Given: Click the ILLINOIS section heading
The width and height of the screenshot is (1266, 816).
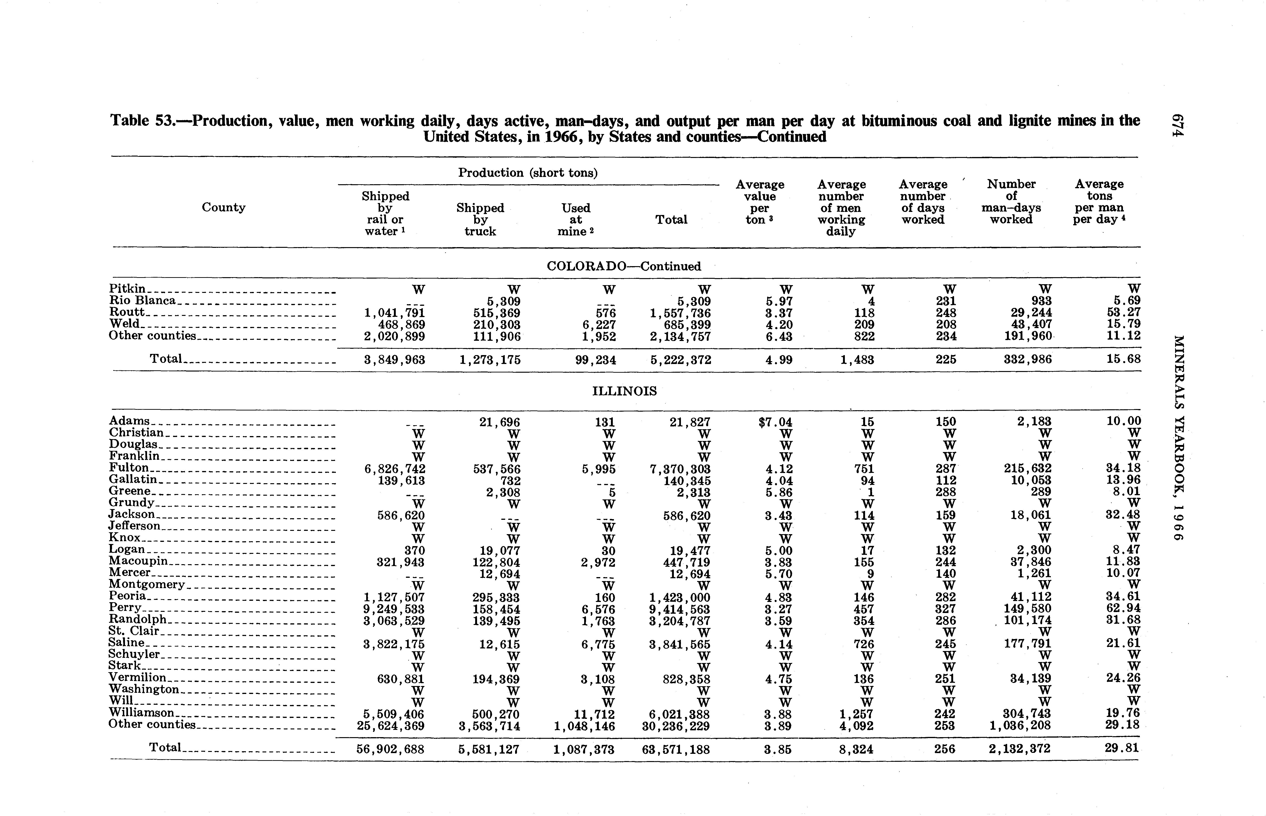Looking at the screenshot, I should pos(624,391).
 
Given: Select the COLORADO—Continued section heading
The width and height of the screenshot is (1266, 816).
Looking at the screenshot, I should pos(623,266).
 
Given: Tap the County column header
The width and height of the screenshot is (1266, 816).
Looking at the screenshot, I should pos(223,207).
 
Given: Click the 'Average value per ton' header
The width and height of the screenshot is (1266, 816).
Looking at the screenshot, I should pos(760,202).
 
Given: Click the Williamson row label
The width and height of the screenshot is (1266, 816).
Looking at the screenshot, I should pos(141,713).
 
